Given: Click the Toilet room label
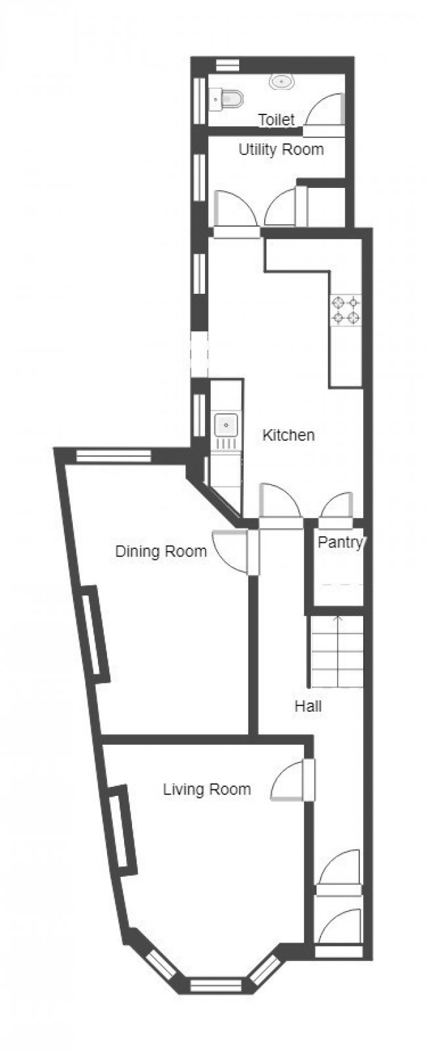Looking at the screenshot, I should (x=276, y=120).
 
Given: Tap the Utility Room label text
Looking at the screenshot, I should (x=281, y=149).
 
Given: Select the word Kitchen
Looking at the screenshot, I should (x=288, y=434).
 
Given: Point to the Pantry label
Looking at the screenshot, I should (x=340, y=542).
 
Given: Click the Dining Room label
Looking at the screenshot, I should (x=161, y=551).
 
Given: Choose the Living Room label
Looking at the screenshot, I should (x=206, y=789).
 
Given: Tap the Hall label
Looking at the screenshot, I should (x=307, y=706).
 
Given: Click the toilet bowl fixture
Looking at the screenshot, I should (x=227, y=99).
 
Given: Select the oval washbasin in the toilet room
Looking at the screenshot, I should (x=281, y=82).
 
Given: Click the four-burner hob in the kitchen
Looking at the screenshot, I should (x=346, y=310).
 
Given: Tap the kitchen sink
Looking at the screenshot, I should (x=226, y=425).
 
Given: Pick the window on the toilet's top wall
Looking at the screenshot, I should (x=227, y=64).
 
